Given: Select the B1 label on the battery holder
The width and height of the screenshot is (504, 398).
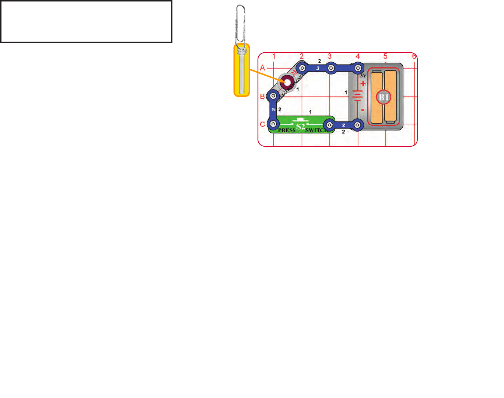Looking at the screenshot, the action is [384, 97].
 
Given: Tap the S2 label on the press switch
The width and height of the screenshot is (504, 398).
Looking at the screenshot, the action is [301, 127].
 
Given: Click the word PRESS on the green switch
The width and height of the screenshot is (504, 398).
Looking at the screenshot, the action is [287, 130].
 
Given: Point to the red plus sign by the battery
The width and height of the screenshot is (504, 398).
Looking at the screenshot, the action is [363, 84].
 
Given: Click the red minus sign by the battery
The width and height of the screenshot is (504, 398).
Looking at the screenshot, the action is [363, 110].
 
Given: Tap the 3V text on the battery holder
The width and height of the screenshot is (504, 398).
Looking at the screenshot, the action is [363, 76].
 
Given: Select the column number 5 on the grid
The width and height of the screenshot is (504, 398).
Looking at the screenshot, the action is [385, 56].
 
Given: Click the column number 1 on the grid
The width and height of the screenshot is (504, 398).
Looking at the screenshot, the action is [274, 56].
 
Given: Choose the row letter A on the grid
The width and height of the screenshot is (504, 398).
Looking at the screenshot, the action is [263, 68].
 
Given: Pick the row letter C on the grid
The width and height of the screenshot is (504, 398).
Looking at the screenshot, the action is [263, 124].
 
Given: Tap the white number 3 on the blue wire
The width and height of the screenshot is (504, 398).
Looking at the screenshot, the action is [318, 68].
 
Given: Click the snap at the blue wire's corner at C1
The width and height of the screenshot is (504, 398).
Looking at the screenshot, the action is [273, 124].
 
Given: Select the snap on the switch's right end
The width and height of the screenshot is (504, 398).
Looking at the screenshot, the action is [330, 125].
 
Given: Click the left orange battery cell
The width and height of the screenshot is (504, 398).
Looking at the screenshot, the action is [377, 97].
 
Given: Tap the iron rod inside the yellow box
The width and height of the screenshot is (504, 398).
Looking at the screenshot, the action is [242, 74].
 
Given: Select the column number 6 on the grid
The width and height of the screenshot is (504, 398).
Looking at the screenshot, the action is [414, 56].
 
